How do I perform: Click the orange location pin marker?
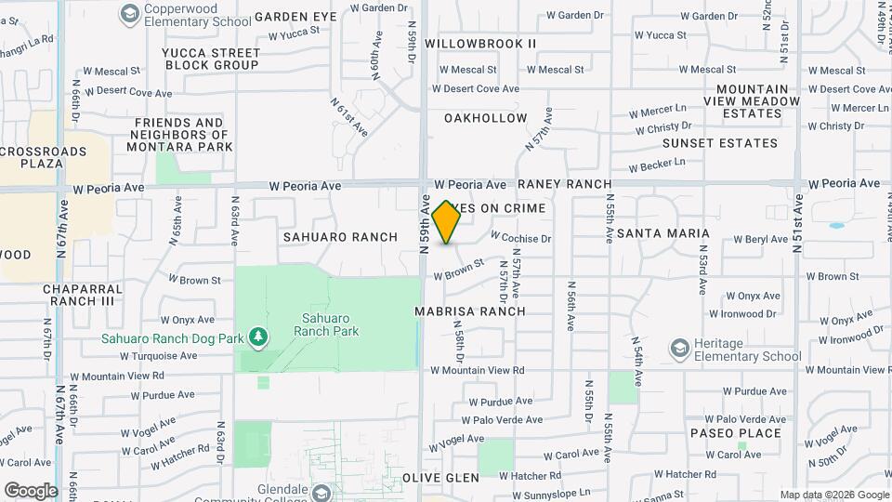pyautogui.click(x=446, y=222)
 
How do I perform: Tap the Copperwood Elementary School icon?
pyautogui.click(x=128, y=14)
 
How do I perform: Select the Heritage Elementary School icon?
pyautogui.click(x=679, y=349)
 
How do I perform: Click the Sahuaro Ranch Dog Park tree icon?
pyautogui.click(x=256, y=337)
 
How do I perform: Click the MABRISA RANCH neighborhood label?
pyautogui.click(x=469, y=311)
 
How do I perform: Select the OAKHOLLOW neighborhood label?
pyautogui.click(x=485, y=118)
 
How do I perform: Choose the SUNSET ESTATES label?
pyautogui.click(x=719, y=143)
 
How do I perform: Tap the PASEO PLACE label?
pyautogui.click(x=735, y=433)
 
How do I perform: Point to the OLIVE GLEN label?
pyautogui.click(x=440, y=478)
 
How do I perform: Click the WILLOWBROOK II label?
pyautogui.click(x=480, y=44)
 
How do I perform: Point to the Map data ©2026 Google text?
pyautogui.click(x=833, y=495)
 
